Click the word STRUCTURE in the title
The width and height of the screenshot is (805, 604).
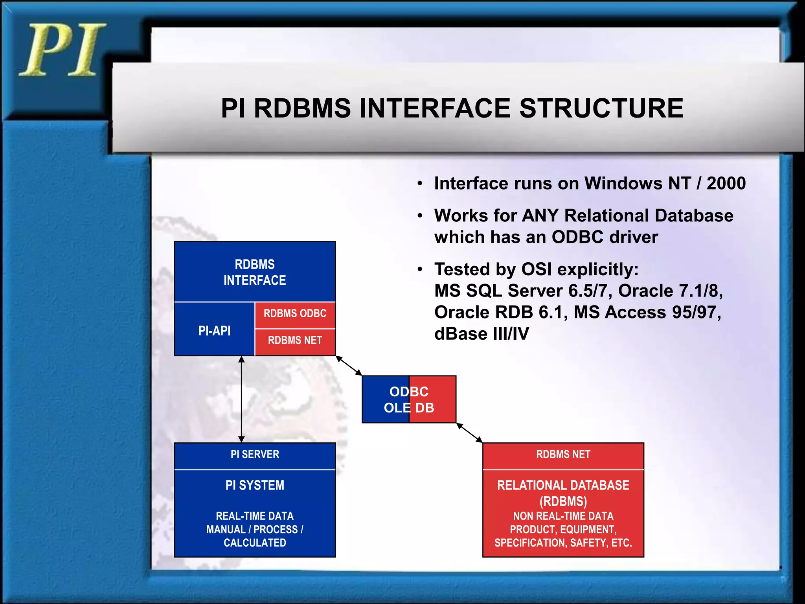601,108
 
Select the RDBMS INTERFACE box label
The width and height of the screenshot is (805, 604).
255,272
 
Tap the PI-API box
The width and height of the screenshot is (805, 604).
214,331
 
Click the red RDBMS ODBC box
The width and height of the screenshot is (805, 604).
295,314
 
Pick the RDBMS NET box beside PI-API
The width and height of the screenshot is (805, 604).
295,341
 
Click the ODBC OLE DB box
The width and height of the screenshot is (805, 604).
409,400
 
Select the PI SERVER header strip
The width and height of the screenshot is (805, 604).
255,455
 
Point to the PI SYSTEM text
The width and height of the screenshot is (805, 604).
255,485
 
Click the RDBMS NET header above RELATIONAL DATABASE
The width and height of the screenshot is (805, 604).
563,455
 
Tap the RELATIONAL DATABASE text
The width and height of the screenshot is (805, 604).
563,485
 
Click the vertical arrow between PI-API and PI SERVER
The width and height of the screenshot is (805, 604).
241,399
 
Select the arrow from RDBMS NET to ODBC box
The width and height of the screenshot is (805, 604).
349,366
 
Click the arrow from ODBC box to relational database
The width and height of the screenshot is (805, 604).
469,433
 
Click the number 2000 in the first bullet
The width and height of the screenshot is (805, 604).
726,183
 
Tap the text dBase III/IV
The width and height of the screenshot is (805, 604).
482,334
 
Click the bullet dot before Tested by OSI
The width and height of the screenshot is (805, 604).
420,269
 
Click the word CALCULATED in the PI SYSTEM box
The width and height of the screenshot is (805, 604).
255,543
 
